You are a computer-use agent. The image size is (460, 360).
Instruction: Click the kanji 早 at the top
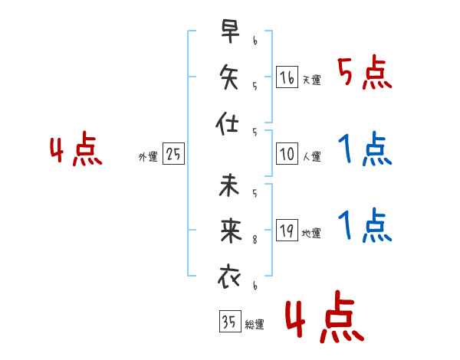[231, 31]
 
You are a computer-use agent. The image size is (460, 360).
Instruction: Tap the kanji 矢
[229, 77]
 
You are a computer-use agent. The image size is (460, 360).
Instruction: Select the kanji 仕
[227, 123]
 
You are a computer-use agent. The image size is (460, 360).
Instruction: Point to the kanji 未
[229, 185]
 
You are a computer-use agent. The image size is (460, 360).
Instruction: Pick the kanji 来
[231, 231]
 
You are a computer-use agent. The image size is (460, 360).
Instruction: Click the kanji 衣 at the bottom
[229, 277]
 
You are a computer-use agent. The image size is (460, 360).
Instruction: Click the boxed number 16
[287, 77]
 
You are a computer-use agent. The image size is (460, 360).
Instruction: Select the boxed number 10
[287, 154]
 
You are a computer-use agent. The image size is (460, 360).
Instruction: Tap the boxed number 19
[287, 230]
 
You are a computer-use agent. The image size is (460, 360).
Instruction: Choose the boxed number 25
[173, 153]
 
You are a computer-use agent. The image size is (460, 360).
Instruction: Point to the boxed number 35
[230, 321]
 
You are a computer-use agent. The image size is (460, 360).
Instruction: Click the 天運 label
[312, 80]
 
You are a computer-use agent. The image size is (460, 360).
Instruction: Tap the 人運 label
[312, 156]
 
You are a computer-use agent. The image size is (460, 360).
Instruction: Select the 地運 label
[311, 233]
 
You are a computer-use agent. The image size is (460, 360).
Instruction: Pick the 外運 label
[148, 157]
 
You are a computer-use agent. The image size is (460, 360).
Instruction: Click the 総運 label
[255, 324]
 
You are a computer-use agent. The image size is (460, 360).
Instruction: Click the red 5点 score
[365, 72]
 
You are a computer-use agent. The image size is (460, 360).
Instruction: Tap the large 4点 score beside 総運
[324, 316]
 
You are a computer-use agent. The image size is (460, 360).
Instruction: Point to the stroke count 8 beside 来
[255, 240]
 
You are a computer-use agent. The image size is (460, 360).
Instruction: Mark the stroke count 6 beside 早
[255, 41]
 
